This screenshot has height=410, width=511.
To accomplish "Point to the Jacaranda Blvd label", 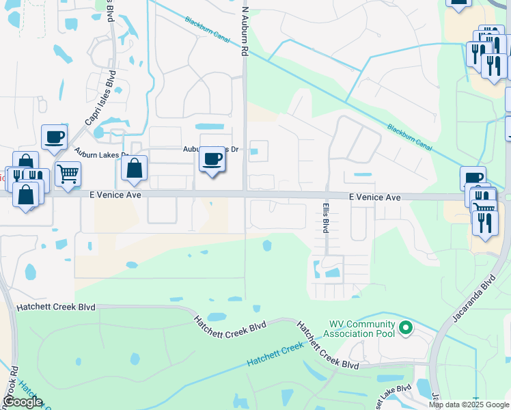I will tap(473, 298).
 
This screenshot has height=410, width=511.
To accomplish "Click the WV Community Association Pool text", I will tap(361, 329).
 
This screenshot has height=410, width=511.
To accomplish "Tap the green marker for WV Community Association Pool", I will tap(406, 329).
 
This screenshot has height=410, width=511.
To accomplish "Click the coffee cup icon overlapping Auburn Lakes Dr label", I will tap(212, 159).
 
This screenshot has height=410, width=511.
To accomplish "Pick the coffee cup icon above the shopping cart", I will tap(54, 137).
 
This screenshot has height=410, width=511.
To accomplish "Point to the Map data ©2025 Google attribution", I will tap(469, 405).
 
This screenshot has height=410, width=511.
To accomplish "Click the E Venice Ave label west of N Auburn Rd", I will tap(115, 195).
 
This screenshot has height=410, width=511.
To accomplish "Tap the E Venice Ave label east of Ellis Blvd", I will tap(374, 197).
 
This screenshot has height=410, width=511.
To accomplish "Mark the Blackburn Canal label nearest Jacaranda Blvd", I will tap(410, 139).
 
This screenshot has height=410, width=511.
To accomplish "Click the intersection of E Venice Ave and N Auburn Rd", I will tap(245, 195).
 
